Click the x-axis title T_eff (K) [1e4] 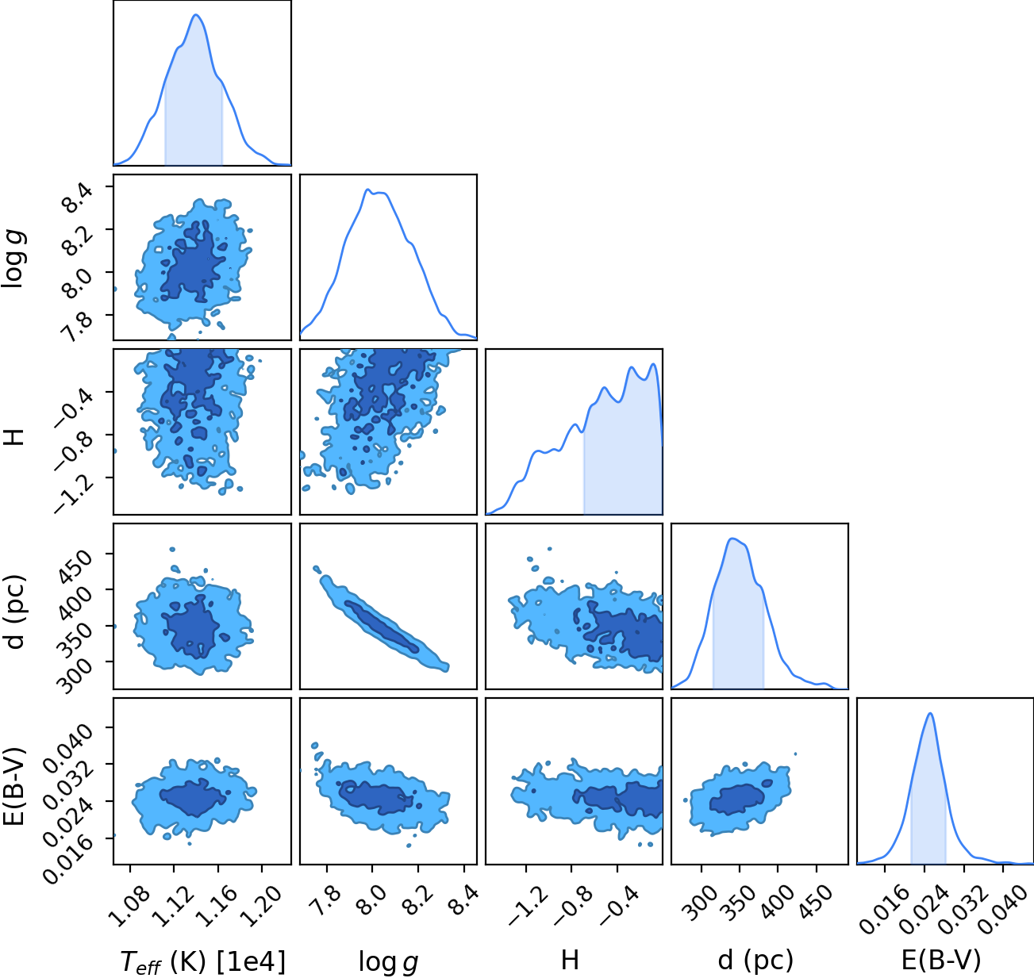[x=202, y=961]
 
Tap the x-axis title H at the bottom [x=570, y=960]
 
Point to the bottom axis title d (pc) [x=755, y=960]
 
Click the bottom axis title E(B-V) [x=941, y=960]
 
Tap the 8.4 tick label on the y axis [x=77, y=198]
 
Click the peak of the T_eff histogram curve [x=196, y=14]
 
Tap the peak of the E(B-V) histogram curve [x=930, y=714]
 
